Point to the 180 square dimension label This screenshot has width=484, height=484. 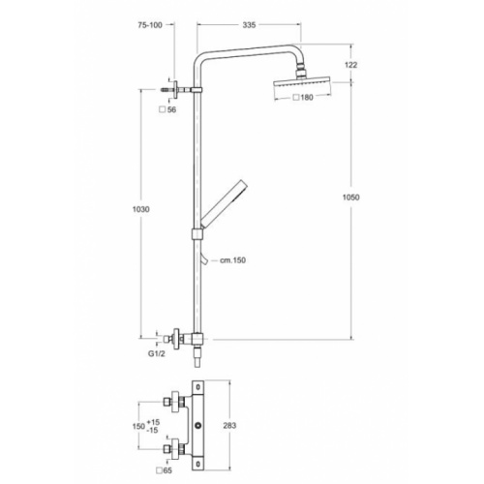305,98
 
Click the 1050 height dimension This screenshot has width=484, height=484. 351,197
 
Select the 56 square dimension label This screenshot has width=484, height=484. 169,110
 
